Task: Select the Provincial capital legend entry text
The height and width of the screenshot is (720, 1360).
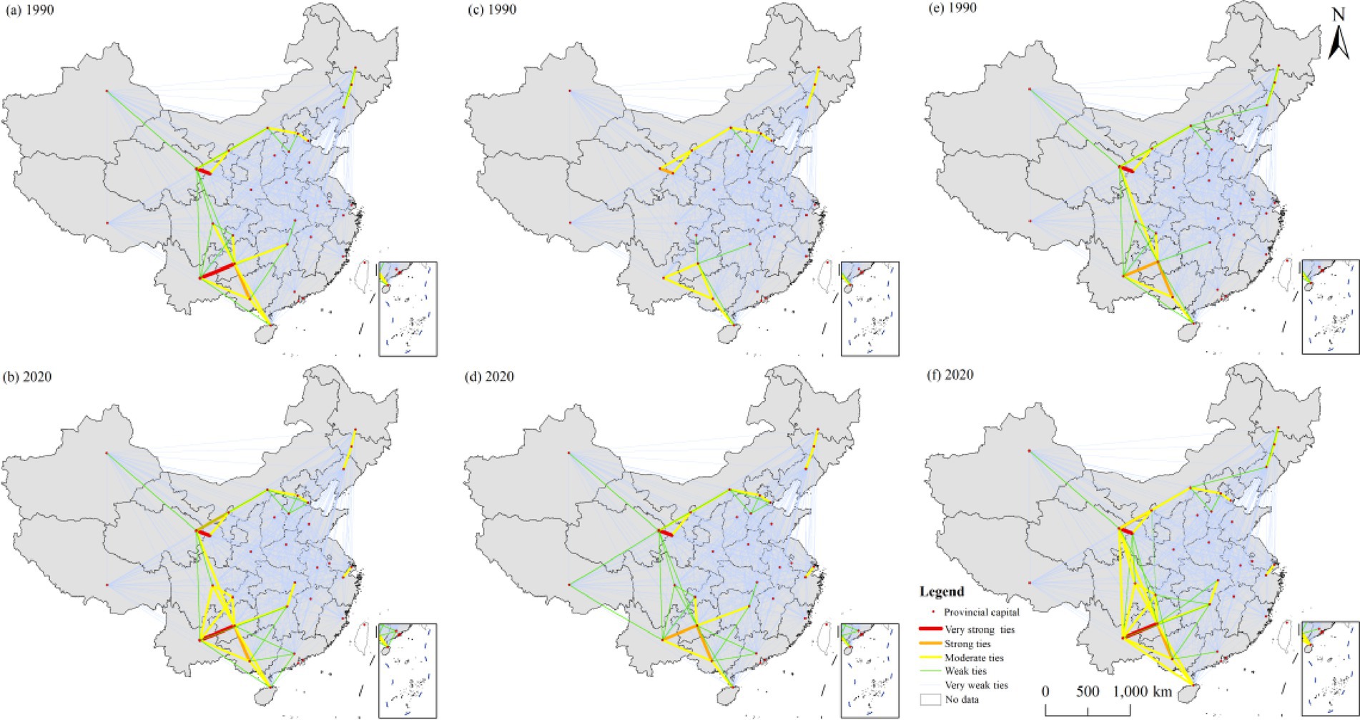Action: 981,612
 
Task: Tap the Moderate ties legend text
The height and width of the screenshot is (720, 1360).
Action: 974,658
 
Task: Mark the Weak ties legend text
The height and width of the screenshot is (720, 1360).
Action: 966,671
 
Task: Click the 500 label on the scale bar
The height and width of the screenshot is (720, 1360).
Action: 1087,692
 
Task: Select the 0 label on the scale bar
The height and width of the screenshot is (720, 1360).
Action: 1045,692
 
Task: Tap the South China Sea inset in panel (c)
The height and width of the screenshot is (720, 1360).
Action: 870,309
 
